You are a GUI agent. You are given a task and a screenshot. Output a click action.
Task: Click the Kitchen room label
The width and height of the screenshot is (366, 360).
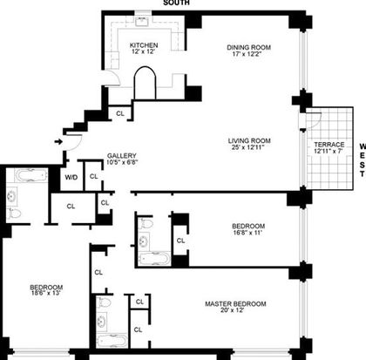click(x=144, y=45)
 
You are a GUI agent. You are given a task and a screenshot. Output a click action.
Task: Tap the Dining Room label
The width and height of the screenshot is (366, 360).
click(x=248, y=47)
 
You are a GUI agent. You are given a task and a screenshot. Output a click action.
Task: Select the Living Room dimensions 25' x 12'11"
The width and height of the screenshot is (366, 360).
click(x=247, y=147)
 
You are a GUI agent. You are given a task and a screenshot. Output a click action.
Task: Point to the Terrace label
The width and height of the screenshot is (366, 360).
click(x=329, y=145)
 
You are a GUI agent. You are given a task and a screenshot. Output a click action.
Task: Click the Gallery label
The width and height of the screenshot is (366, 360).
click(x=122, y=156)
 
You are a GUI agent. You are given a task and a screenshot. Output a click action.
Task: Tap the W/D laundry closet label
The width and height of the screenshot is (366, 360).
click(x=71, y=177)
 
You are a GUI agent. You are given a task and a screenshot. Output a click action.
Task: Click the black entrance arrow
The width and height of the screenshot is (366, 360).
click(x=58, y=142)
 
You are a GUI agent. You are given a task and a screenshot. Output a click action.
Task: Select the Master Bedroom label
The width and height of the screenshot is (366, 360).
click(x=235, y=304)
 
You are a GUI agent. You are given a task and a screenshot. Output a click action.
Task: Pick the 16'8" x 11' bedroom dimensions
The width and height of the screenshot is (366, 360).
click(x=248, y=233)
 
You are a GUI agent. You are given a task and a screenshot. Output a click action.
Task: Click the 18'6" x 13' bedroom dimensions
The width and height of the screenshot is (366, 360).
click(x=46, y=293)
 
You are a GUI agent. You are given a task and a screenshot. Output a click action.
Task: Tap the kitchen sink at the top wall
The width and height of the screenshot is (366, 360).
click(x=142, y=21)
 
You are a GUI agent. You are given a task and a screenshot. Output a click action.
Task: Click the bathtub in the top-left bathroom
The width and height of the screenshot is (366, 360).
click(x=30, y=175)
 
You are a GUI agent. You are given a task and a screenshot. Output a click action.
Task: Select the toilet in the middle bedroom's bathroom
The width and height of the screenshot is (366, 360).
click(x=146, y=224)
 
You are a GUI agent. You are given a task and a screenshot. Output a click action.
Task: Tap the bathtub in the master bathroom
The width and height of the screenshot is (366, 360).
click(x=112, y=342)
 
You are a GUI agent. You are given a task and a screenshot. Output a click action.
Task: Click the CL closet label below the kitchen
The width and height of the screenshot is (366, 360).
click(x=120, y=113)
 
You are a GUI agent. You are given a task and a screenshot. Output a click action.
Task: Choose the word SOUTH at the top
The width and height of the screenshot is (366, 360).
click(x=176, y=3)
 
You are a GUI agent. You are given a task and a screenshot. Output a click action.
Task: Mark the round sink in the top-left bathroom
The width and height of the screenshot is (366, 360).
click(x=11, y=197)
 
